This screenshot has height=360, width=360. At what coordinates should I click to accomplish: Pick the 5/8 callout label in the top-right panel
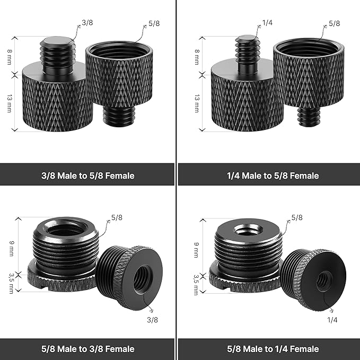[335, 23]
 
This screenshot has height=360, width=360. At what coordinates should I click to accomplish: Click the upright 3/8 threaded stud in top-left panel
[57, 55]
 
